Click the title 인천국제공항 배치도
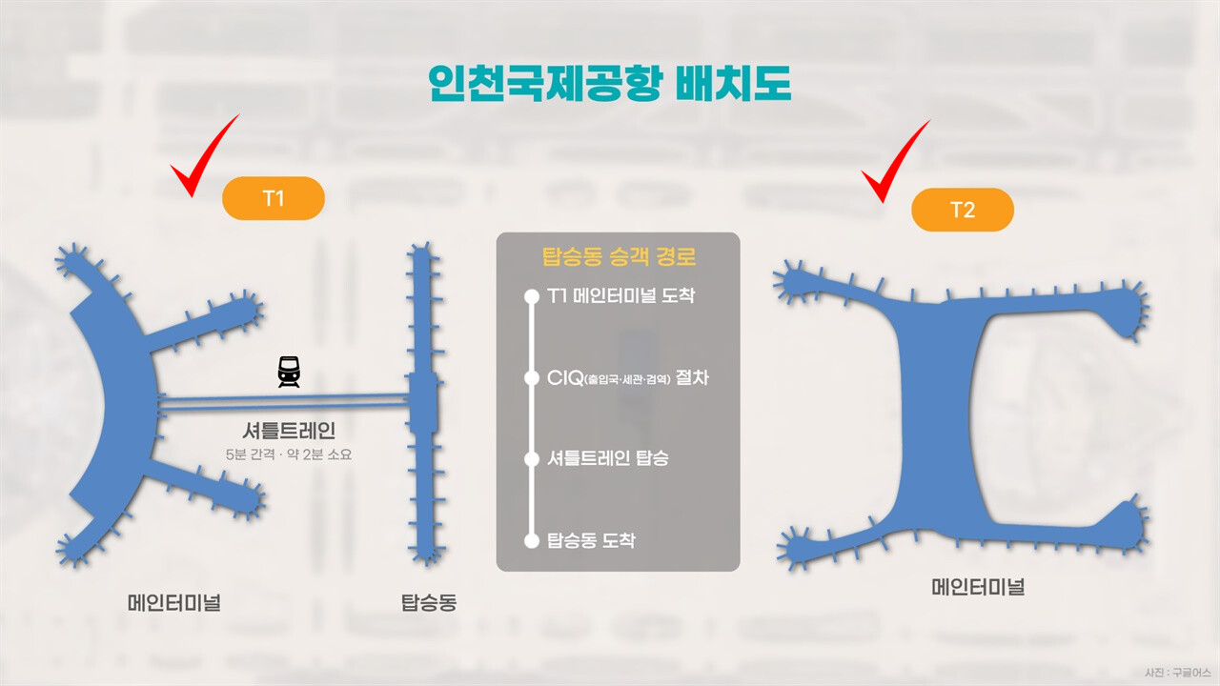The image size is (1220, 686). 610,85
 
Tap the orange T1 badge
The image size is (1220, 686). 274,199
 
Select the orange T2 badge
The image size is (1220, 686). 963,210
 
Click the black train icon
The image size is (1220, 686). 288,372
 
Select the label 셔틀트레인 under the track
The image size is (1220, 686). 288,431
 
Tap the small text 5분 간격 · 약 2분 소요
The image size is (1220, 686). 288,455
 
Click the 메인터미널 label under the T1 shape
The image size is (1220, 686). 174,602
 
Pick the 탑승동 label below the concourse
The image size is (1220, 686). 428,602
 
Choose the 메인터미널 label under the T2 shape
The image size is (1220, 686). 978,587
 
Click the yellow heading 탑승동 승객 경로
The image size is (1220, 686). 618,257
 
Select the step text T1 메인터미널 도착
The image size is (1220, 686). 620,296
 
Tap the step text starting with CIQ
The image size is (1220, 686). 628,378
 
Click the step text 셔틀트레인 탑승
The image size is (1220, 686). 608,458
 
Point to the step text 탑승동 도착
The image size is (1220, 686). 591,540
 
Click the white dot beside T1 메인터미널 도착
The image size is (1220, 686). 532,296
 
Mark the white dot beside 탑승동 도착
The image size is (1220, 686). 532,540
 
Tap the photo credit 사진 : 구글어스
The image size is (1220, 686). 1178,673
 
